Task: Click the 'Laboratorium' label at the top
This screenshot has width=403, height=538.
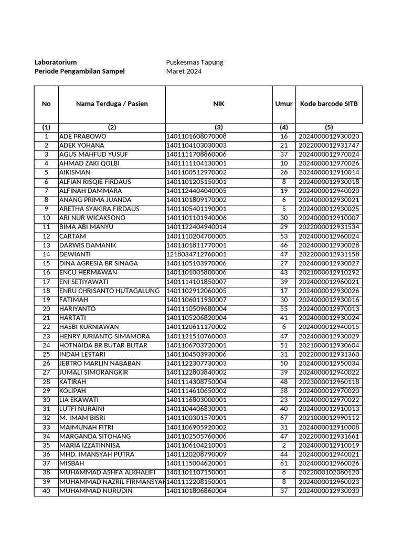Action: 56,62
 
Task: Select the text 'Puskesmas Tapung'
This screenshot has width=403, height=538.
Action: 195,62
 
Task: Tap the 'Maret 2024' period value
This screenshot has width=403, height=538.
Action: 184,71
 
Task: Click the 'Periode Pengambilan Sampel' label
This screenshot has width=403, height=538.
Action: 79,71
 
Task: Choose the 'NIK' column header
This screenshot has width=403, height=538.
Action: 218,104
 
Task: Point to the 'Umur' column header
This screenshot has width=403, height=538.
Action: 284,104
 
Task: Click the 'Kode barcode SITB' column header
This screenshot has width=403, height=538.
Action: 328,104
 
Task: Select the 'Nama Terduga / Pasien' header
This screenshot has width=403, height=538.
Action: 112,104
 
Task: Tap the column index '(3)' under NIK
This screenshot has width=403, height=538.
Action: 218,127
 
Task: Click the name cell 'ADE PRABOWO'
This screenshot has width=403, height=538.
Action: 83,137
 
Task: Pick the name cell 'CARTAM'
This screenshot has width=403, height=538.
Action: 72,236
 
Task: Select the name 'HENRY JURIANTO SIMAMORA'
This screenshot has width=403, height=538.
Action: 104,336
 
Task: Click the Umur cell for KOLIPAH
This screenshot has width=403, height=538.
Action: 284,391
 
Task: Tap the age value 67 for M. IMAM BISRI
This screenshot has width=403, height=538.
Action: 284,418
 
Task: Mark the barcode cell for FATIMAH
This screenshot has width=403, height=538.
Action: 328,300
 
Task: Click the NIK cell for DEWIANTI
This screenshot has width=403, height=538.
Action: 196,254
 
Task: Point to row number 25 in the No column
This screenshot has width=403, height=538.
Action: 46,355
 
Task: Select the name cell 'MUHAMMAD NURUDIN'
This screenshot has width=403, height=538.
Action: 96,491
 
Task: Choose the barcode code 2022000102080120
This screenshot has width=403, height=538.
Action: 328,473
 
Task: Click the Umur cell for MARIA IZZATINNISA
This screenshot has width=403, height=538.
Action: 284,446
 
